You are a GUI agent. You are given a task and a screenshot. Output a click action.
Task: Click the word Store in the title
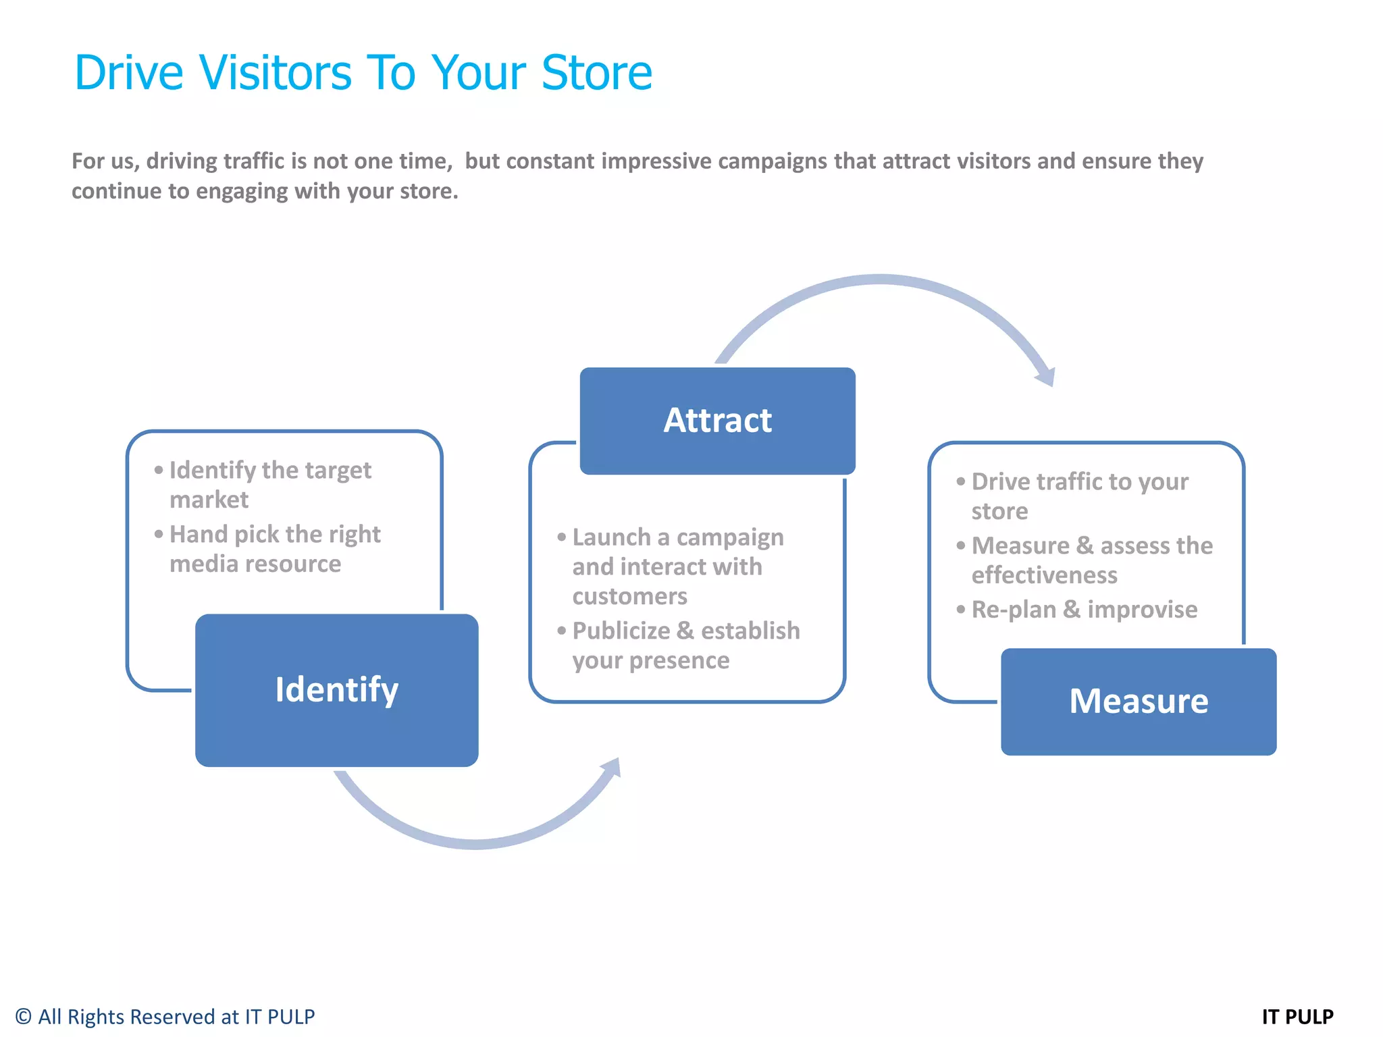coord(596,72)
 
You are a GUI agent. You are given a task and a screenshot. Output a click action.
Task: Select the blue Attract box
coord(717,421)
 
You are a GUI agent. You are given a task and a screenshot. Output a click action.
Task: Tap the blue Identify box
coord(336,690)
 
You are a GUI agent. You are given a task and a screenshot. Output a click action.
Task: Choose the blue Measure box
coord(1138,701)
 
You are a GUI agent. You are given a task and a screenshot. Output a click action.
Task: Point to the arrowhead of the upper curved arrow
coord(1046,377)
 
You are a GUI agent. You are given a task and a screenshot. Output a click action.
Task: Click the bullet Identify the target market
coord(269,484)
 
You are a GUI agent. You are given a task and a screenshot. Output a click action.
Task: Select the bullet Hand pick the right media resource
coord(274,548)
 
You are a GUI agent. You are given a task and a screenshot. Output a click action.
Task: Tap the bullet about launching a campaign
coord(677,566)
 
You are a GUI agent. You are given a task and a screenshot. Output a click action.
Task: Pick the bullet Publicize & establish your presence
coord(685,645)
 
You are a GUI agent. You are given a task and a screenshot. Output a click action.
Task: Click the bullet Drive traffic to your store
coord(1079,496)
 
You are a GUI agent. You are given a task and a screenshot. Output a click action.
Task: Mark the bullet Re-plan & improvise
coord(1084,609)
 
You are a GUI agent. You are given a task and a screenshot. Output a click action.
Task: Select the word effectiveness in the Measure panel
coord(1044,575)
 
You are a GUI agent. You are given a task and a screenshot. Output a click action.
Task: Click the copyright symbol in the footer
coord(24,1016)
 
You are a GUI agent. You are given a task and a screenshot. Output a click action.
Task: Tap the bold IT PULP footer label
coord(1297,1016)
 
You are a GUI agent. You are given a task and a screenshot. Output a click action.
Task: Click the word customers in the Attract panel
coord(629,596)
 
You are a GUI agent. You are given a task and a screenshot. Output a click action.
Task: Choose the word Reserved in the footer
coord(172,1016)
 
